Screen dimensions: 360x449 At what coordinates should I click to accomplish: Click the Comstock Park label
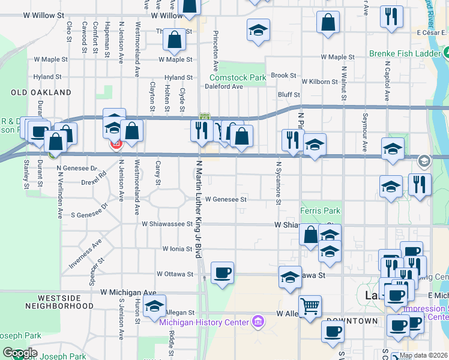point(237,77)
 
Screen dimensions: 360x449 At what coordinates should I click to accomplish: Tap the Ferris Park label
point(320,211)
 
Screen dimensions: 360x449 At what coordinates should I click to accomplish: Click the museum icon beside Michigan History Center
point(259,322)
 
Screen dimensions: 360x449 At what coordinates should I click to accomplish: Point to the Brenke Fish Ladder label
point(405,53)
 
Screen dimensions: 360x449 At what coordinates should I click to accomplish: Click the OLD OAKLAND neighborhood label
point(41,93)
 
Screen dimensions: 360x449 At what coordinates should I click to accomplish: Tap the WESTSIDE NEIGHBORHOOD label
point(67,302)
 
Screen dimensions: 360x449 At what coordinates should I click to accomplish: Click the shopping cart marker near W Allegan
point(310,307)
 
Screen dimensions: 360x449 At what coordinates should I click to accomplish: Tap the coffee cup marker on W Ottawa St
point(222,272)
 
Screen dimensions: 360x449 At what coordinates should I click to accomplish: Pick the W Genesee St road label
point(226,199)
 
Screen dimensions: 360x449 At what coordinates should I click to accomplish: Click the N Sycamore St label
point(279,182)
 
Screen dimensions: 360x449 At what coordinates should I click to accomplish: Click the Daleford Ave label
point(223,86)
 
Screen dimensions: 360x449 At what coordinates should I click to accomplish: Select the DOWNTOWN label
point(353,321)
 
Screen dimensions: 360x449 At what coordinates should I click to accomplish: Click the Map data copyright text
point(423,355)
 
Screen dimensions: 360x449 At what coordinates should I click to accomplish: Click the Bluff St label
point(288,94)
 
